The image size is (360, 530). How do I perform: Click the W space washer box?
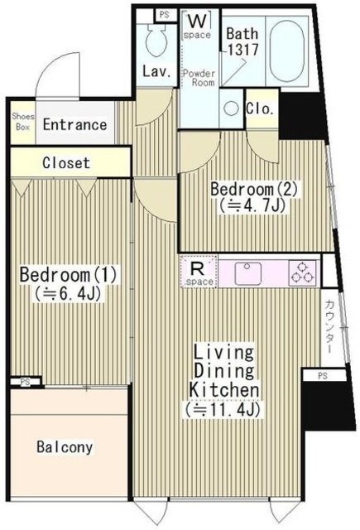pyautogui.click(x=197, y=25)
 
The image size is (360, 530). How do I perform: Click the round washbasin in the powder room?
pyautogui.click(x=230, y=108)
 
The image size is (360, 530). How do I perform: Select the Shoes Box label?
pyautogui.click(x=22, y=123)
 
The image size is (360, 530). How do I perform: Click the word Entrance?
pyautogui.click(x=74, y=125)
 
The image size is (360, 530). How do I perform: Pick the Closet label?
pyautogui.click(x=66, y=163)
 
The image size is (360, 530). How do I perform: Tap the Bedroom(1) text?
pyautogui.click(x=58, y=274)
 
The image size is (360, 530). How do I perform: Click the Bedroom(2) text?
pyautogui.click(x=247, y=189)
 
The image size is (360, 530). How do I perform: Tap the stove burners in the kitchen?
pyautogui.click(x=301, y=272)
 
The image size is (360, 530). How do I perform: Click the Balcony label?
pyautogui.click(x=65, y=447)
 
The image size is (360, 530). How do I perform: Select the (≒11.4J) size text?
pyautogui.click(x=226, y=407)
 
